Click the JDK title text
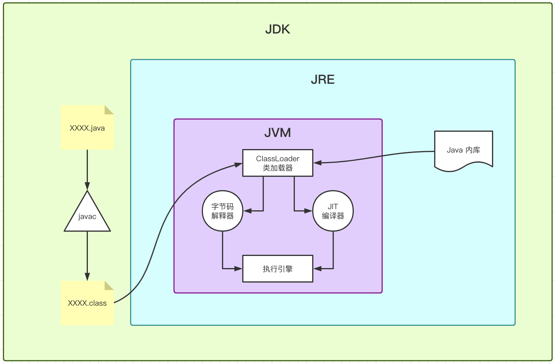click(277, 29)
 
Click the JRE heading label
click(323, 79)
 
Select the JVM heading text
click(277, 133)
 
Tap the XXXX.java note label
click(87, 128)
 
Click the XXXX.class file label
click(87, 303)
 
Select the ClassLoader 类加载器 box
click(277, 163)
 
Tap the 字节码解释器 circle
click(222, 211)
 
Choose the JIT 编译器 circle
click(333, 211)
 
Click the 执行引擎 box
click(277, 269)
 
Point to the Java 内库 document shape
click(463, 150)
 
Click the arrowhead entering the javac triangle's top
click(87, 186)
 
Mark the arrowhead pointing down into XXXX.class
click(87, 277)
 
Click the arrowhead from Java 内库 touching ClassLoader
click(318, 163)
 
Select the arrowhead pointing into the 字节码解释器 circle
click(247, 211)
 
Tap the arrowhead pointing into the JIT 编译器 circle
click(308, 211)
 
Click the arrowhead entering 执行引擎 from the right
click(318, 269)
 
